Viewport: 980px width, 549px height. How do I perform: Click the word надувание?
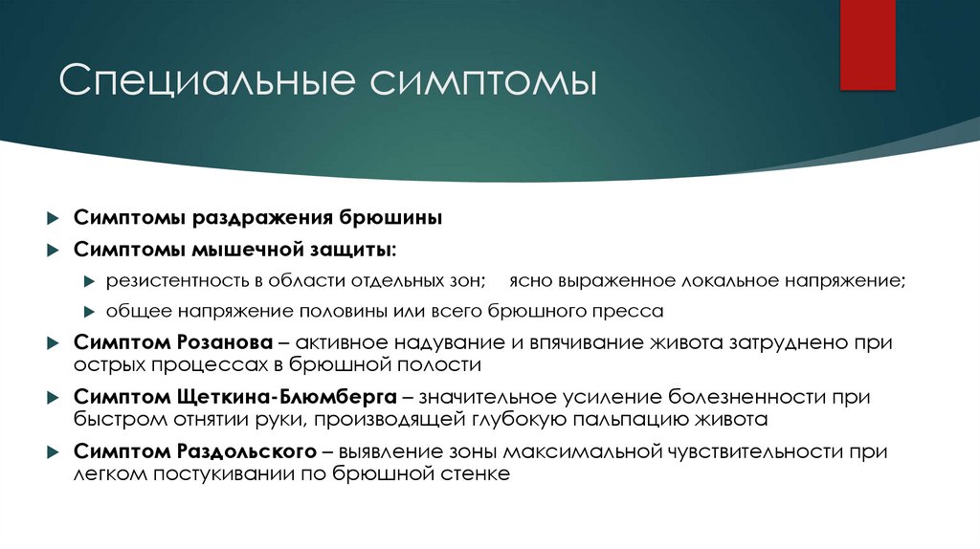pyautogui.click(x=422, y=342)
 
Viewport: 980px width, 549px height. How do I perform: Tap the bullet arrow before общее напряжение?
pyautogui.click(x=88, y=312)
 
